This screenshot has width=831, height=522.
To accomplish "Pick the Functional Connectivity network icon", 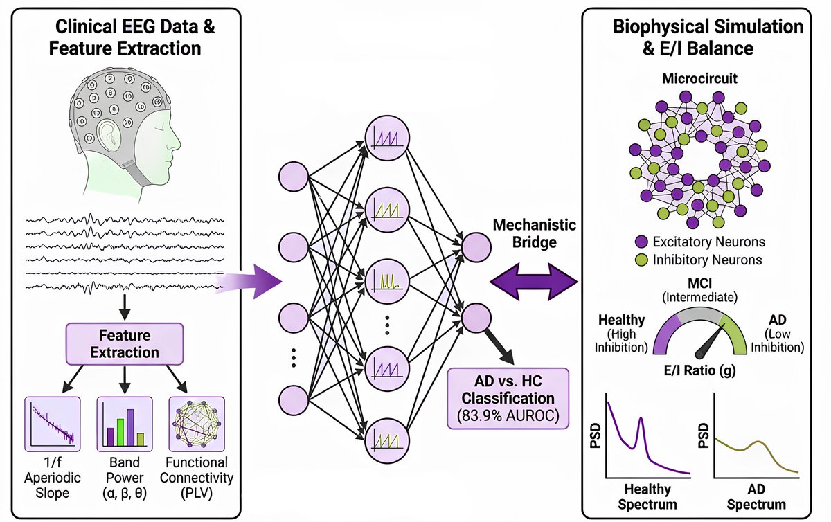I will click(x=197, y=422).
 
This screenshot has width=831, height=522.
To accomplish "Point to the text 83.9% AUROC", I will click(x=508, y=415).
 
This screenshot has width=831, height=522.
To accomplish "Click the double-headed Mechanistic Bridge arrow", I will click(x=533, y=281).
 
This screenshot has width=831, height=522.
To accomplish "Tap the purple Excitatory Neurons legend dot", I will click(x=641, y=242).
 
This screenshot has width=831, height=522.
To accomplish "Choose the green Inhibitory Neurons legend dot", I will click(x=641, y=260).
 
